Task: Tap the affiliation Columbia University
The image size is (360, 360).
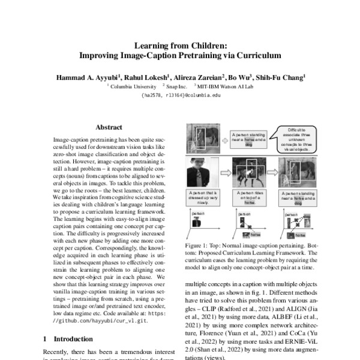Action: click(x=133, y=86)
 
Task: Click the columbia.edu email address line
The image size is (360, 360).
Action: click(x=179, y=95)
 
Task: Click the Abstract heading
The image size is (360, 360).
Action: click(x=109, y=127)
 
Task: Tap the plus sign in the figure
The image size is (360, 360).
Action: click(x=224, y=140)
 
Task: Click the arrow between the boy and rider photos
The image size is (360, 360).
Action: click(x=221, y=173)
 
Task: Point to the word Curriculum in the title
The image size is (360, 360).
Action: click(x=256, y=55)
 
